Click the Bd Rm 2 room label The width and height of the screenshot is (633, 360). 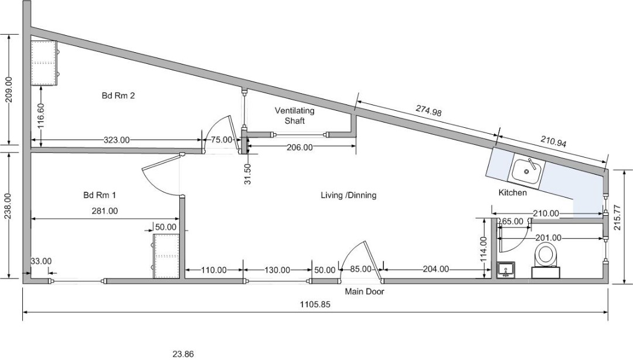coord(118,96)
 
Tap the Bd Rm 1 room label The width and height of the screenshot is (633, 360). coord(100,195)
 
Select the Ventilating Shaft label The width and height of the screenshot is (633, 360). coord(295,116)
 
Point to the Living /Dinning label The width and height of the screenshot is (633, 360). coord(349,195)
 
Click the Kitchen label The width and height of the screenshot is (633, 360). coord(513,192)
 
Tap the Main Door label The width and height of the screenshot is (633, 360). coord(365,291)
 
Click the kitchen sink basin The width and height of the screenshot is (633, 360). coord(527,171)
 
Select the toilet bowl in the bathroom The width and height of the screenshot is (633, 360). coord(546,256)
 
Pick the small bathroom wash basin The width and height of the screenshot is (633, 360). coord(506,270)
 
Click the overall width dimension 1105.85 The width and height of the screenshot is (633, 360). coord(315,304)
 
